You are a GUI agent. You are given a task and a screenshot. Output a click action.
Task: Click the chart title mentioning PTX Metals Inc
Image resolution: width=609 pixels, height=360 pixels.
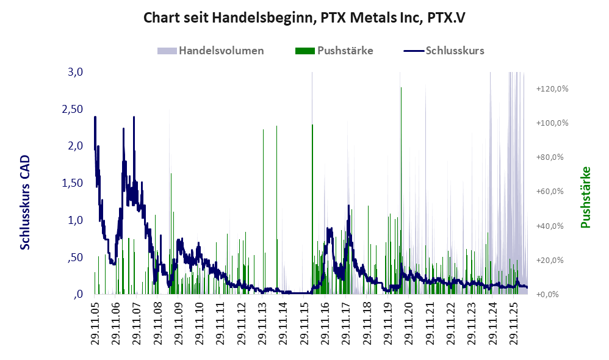pyautogui.click(x=304, y=18)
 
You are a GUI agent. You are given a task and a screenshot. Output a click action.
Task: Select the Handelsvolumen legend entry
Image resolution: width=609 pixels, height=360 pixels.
pyautogui.click(x=211, y=51)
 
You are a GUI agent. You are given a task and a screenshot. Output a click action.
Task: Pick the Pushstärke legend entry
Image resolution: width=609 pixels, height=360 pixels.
pyautogui.click(x=334, y=51)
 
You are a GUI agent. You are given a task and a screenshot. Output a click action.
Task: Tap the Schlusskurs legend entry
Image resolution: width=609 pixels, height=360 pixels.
pyautogui.click(x=444, y=51)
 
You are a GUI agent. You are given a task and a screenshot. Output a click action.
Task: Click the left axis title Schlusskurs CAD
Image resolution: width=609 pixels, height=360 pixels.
pyautogui.click(x=25, y=203)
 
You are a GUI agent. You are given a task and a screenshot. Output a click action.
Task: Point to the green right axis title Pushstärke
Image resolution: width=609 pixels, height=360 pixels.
pyautogui.click(x=585, y=198)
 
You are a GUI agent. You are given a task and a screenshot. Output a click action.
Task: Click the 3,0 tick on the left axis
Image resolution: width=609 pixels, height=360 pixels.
pyautogui.click(x=75, y=72)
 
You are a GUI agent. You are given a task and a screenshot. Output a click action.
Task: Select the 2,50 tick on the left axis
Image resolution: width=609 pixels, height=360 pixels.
pyautogui.click(x=73, y=109)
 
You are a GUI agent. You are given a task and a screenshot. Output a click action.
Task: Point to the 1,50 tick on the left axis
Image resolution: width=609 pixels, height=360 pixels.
pyautogui.click(x=73, y=183)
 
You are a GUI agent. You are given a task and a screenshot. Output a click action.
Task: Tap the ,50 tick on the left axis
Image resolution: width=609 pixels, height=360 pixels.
pyautogui.click(x=75, y=257)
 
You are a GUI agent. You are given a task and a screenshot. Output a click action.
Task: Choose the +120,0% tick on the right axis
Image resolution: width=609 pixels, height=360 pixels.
pyautogui.click(x=552, y=89)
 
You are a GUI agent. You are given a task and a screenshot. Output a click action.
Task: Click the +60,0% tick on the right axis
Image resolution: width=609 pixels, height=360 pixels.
pyautogui.click(x=550, y=192)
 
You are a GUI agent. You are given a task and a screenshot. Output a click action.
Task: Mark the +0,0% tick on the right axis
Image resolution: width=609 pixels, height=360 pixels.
pyautogui.click(x=547, y=294)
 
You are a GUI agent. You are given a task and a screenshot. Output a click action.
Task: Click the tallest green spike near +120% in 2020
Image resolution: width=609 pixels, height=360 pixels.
pyautogui.click(x=401, y=190)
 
